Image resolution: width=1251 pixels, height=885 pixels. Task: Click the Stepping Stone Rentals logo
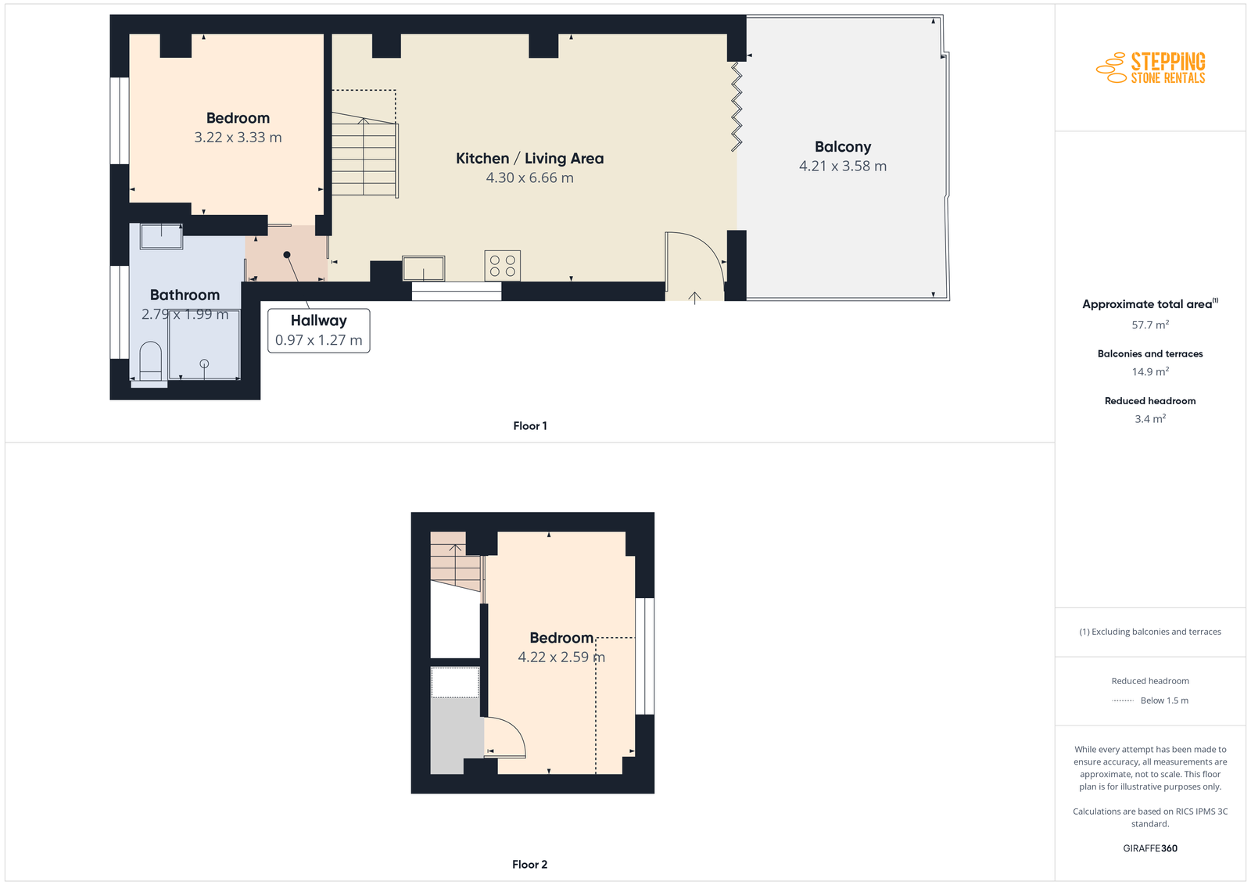[1150, 67]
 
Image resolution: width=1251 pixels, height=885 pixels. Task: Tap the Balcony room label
[843, 147]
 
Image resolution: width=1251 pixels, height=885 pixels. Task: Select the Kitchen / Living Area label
[529, 159]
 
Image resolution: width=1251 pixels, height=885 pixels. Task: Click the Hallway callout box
[318, 331]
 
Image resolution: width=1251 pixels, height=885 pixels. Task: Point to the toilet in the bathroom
[149, 363]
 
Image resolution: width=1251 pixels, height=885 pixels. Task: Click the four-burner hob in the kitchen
[503, 265]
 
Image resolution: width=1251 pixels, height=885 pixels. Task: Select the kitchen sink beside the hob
[423, 268]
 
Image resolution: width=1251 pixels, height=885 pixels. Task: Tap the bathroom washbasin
[161, 236]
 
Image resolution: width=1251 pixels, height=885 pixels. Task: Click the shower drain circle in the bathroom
[204, 364]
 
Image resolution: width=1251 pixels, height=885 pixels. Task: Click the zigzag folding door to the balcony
[737, 106]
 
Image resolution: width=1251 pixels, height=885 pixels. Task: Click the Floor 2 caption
[529, 865]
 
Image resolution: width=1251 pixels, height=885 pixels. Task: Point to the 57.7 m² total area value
[1150, 324]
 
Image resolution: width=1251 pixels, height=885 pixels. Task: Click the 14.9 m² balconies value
[1150, 371]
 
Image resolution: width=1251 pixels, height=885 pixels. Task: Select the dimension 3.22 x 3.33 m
[238, 138]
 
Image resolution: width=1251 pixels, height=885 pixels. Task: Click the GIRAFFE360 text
[1150, 848]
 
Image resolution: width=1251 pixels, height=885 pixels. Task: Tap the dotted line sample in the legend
[1123, 700]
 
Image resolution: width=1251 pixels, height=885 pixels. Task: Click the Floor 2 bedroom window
[645, 656]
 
